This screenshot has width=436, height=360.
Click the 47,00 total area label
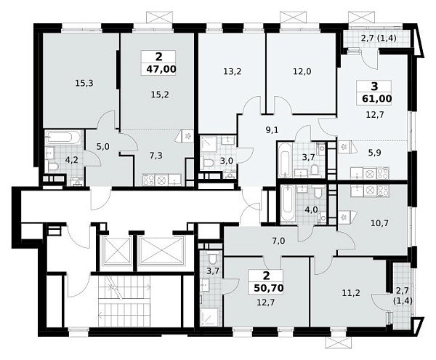pyautogui.click(x=158, y=68)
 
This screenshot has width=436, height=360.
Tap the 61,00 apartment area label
pyautogui.click(x=376, y=99)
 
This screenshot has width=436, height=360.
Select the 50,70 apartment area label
pyautogui.click(x=269, y=289)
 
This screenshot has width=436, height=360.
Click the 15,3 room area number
pyautogui.click(x=84, y=83)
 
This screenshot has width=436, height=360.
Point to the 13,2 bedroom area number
pyautogui.click(x=232, y=72)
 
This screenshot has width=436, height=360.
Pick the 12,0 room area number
pyautogui.click(x=302, y=72)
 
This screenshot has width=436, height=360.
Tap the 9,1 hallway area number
pyautogui.click(x=272, y=130)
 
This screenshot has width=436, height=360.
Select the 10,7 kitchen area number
pyautogui.click(x=379, y=223)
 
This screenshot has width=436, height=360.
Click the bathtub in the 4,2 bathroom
pyautogui.click(x=64, y=137)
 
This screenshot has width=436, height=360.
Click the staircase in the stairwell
pyautogui.click(x=124, y=301)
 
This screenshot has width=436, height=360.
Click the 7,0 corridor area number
pyautogui.click(x=278, y=241)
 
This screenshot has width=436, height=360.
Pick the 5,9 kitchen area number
pyautogui.click(x=376, y=153)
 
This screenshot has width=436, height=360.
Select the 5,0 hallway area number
pyautogui.click(x=102, y=147)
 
